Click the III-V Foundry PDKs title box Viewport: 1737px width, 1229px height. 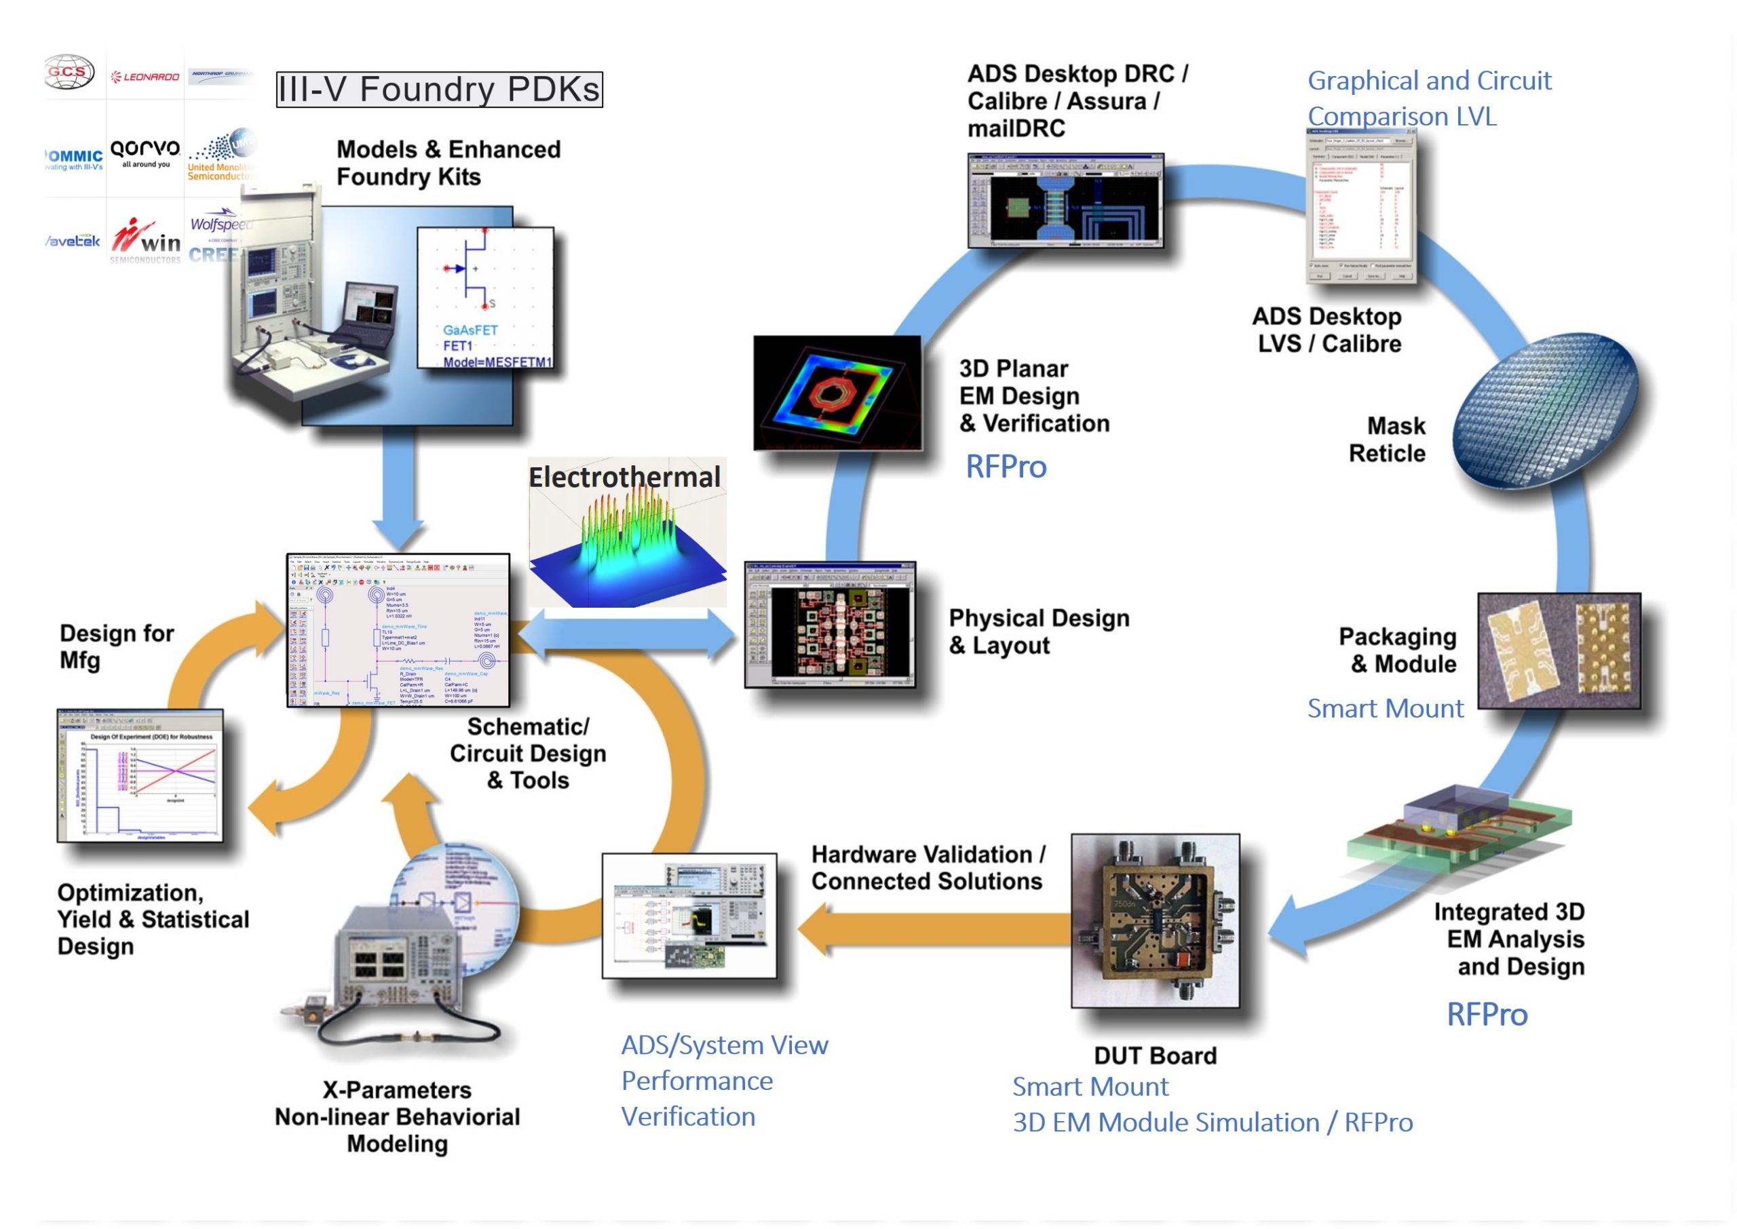click(439, 90)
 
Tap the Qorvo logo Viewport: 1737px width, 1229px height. click(145, 151)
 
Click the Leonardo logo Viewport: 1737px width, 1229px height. click(145, 77)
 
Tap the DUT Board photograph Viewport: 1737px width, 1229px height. click(1155, 920)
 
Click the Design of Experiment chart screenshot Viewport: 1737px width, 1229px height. click(140, 776)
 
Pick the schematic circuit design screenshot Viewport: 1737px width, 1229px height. click(398, 629)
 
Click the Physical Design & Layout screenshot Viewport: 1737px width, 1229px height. click(831, 625)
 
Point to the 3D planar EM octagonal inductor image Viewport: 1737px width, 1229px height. click(837, 392)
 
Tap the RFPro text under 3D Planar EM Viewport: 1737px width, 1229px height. click(1006, 467)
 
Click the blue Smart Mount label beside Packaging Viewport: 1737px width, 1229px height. click(1385, 708)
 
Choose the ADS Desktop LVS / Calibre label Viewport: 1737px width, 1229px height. click(1329, 330)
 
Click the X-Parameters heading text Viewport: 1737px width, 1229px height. click(397, 1090)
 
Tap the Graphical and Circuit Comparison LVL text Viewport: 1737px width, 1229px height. click(1429, 98)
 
